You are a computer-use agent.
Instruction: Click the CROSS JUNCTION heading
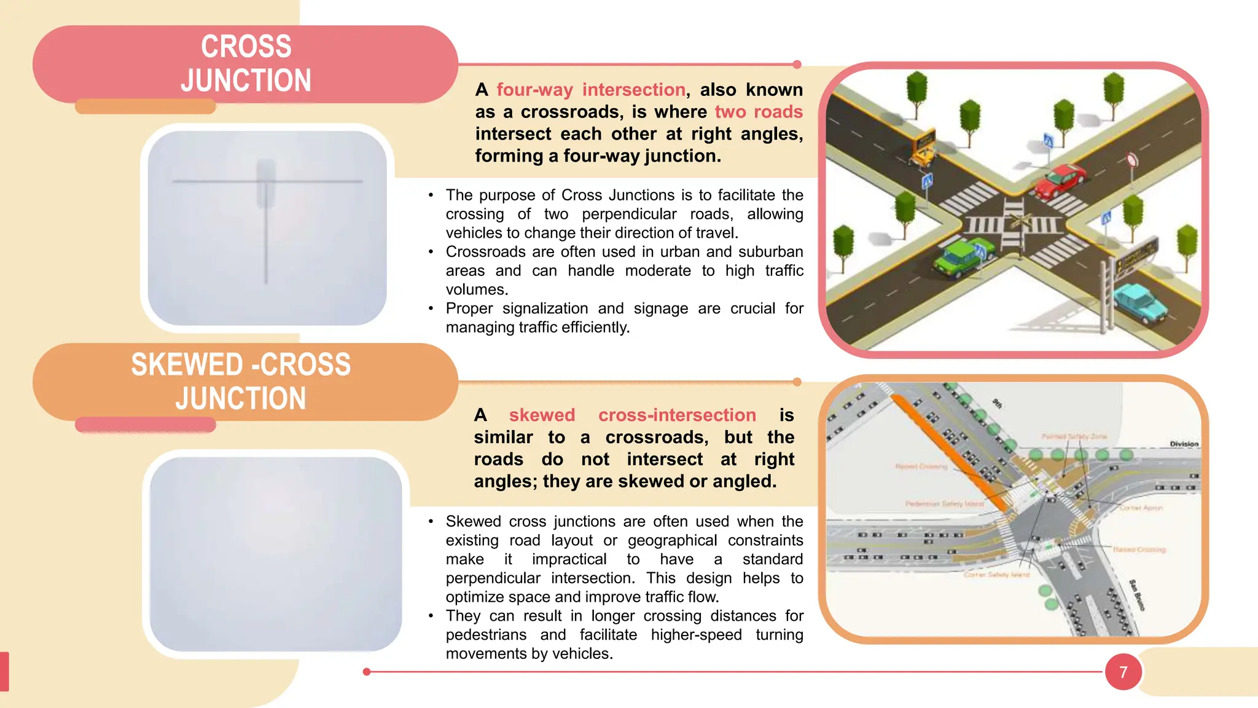click(x=246, y=63)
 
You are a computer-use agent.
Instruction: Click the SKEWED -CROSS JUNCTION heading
click(x=241, y=381)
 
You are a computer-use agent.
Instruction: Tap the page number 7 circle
click(x=1123, y=672)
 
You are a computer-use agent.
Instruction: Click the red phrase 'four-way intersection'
click(x=591, y=90)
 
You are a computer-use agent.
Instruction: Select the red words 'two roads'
click(x=759, y=112)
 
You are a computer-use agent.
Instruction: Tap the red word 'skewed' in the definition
click(x=542, y=415)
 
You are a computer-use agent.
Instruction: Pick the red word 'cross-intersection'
click(x=677, y=415)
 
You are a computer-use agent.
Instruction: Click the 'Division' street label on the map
click(x=1184, y=444)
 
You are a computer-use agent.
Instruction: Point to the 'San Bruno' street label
click(x=1137, y=595)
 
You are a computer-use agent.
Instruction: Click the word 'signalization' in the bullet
click(x=545, y=309)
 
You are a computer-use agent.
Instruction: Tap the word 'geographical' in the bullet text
click(x=672, y=540)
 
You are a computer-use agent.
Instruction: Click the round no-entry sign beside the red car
click(x=1132, y=161)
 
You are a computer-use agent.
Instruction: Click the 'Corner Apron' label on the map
click(x=1141, y=508)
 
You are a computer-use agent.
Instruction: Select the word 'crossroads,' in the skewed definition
click(x=657, y=437)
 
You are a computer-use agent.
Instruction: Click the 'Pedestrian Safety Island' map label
click(x=944, y=504)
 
